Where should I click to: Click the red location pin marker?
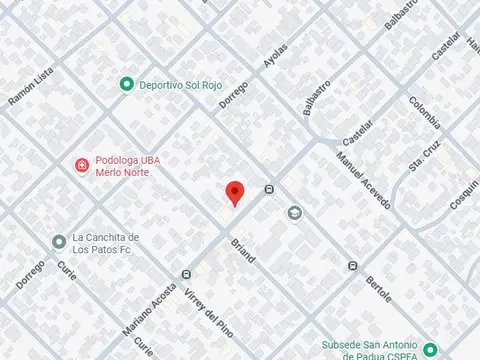pos(234,193)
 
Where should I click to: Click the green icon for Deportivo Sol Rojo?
pos(126,84)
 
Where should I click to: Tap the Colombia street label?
pos(424,112)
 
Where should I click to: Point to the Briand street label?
pos(243,250)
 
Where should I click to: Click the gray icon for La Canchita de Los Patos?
pos(59,242)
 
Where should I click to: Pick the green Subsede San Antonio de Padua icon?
pos(430,350)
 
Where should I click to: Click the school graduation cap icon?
pos(294,212)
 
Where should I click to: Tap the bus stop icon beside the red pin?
pos(269,190)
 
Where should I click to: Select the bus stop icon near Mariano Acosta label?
pos(186,274)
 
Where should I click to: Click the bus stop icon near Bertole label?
pos(352,265)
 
